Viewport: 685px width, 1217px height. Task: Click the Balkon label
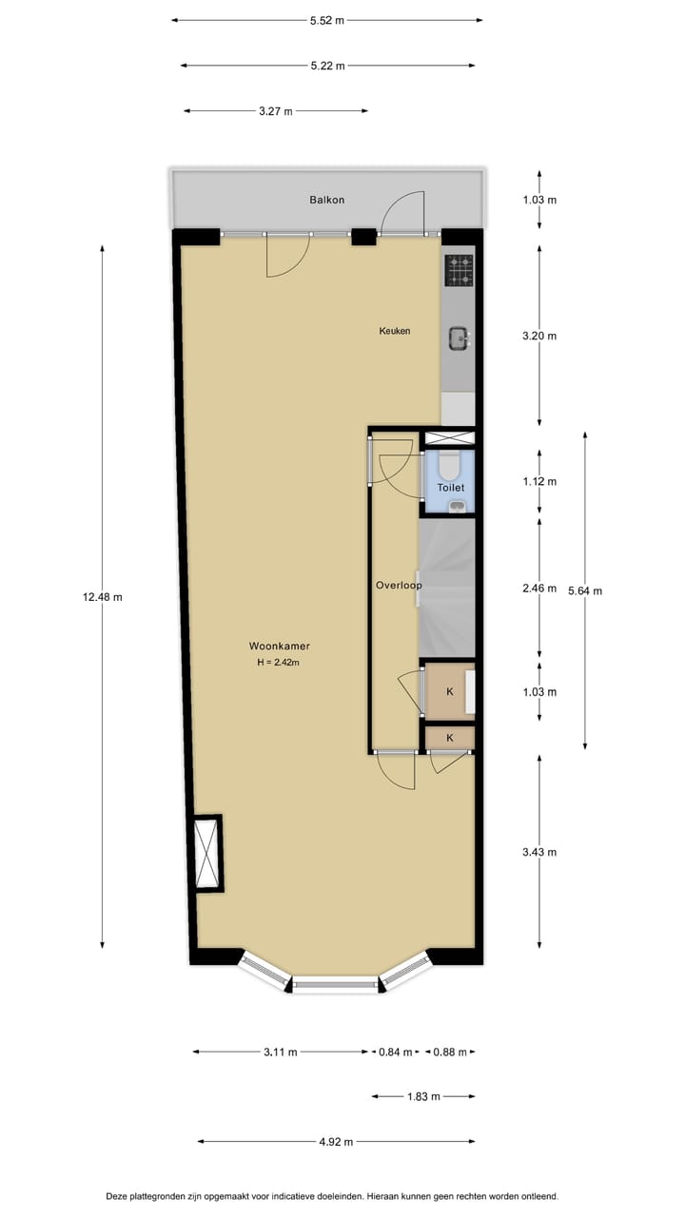pyautogui.click(x=326, y=200)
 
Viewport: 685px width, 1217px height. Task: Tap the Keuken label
pyautogui.click(x=395, y=331)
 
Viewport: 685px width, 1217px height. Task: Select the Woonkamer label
pyautogui.click(x=279, y=646)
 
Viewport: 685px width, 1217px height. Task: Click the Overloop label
pyautogui.click(x=398, y=585)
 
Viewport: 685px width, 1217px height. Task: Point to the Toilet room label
pyautogui.click(x=450, y=487)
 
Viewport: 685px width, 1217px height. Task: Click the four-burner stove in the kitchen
pyautogui.click(x=460, y=270)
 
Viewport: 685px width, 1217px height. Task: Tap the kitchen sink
pyautogui.click(x=459, y=336)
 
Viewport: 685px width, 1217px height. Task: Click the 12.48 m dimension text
pyautogui.click(x=103, y=597)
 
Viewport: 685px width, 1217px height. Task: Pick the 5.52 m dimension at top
pyautogui.click(x=327, y=19)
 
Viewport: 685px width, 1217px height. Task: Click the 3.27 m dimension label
pyautogui.click(x=276, y=111)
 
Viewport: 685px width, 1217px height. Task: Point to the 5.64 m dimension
pyautogui.click(x=585, y=590)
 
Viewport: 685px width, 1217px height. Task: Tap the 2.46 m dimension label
pyautogui.click(x=539, y=589)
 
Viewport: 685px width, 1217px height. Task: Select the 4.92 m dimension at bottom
pyautogui.click(x=335, y=1142)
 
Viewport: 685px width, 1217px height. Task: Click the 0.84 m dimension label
pyautogui.click(x=395, y=1052)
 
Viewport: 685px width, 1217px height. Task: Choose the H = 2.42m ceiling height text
pyautogui.click(x=279, y=663)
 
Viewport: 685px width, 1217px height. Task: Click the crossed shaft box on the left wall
pyautogui.click(x=206, y=853)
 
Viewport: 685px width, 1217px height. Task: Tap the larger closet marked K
pyautogui.click(x=449, y=691)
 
